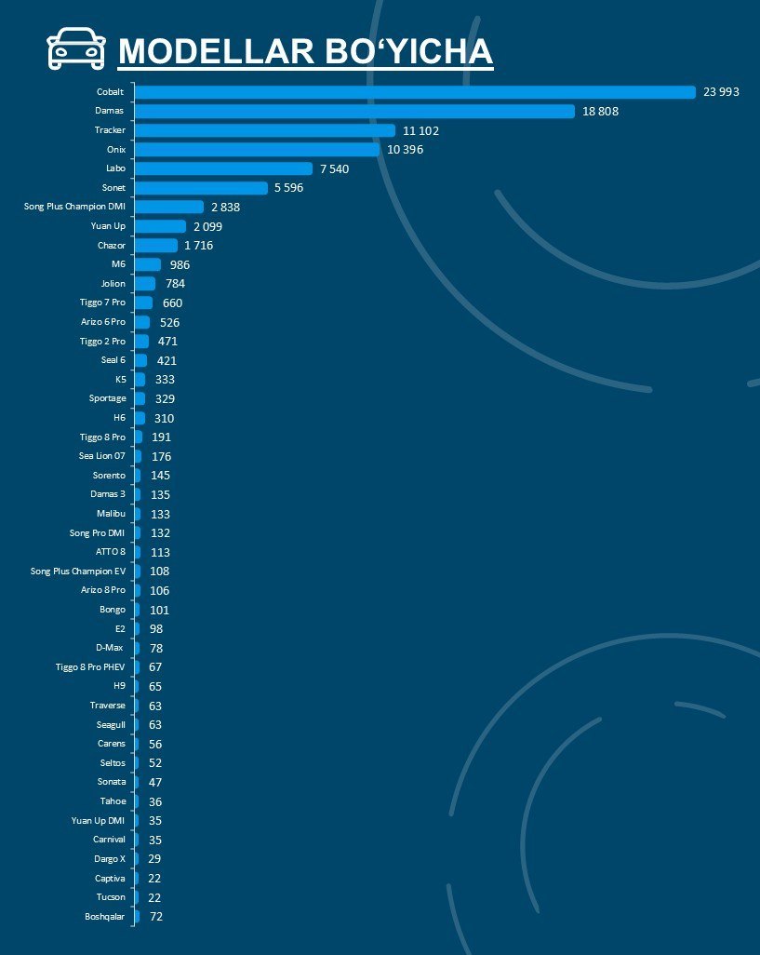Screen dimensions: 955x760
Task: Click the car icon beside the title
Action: pos(75,48)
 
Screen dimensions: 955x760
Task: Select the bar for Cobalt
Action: pos(416,92)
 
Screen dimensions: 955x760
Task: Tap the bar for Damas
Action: pos(355,111)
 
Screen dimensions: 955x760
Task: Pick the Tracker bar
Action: pos(266,130)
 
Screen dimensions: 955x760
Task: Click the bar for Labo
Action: pos(224,168)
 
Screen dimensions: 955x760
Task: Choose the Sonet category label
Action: pos(113,188)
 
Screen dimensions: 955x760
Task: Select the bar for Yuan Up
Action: pos(161,226)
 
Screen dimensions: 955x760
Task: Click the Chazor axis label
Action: pos(112,246)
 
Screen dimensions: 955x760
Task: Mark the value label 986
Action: pos(179,265)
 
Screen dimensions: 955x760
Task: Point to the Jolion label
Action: pos(113,284)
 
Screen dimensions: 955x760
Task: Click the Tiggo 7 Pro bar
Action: pos(143,303)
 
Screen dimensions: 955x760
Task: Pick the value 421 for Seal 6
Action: pos(167,360)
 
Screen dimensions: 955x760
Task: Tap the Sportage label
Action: pos(108,398)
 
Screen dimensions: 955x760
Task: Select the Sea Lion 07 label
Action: pos(102,456)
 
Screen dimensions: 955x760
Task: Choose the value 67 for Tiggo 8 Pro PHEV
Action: pos(155,667)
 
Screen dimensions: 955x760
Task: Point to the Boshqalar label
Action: pos(104,917)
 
